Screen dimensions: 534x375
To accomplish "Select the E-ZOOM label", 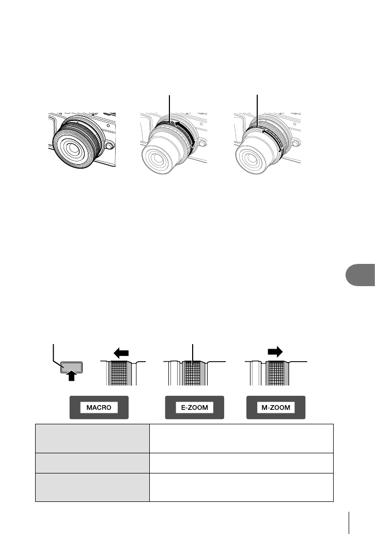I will tap(194, 408).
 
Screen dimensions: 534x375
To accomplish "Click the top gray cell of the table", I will tap(92, 437).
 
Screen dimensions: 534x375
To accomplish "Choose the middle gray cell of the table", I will tap(92, 462).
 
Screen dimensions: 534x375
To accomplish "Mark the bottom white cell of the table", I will tap(241, 487).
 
